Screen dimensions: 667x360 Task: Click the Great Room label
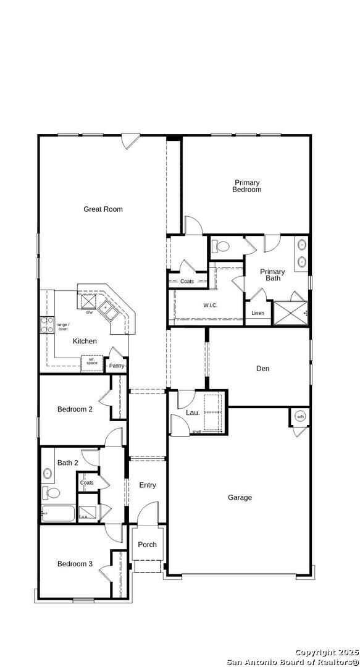click(x=103, y=209)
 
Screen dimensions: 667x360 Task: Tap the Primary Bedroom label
click(x=246, y=186)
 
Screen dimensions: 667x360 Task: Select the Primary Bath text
click(x=272, y=275)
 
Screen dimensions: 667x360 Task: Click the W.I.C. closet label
click(x=210, y=306)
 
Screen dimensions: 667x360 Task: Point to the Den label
click(x=262, y=369)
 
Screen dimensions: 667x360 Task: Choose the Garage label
click(x=240, y=497)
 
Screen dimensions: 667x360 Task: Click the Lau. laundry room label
click(x=193, y=413)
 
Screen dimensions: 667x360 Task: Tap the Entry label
click(x=148, y=485)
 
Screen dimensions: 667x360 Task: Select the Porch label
click(x=147, y=545)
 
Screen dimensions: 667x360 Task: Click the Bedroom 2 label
click(x=75, y=409)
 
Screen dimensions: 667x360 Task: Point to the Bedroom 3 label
click(x=75, y=564)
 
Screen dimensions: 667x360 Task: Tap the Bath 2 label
click(x=68, y=463)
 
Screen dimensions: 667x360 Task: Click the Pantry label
click(x=117, y=366)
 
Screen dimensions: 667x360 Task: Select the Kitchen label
click(x=85, y=341)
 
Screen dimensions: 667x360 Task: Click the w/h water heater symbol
click(x=301, y=416)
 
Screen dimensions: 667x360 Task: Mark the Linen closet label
click(x=257, y=313)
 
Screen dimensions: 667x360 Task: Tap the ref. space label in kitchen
click(x=92, y=361)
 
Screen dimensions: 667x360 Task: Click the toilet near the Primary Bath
click(x=220, y=247)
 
